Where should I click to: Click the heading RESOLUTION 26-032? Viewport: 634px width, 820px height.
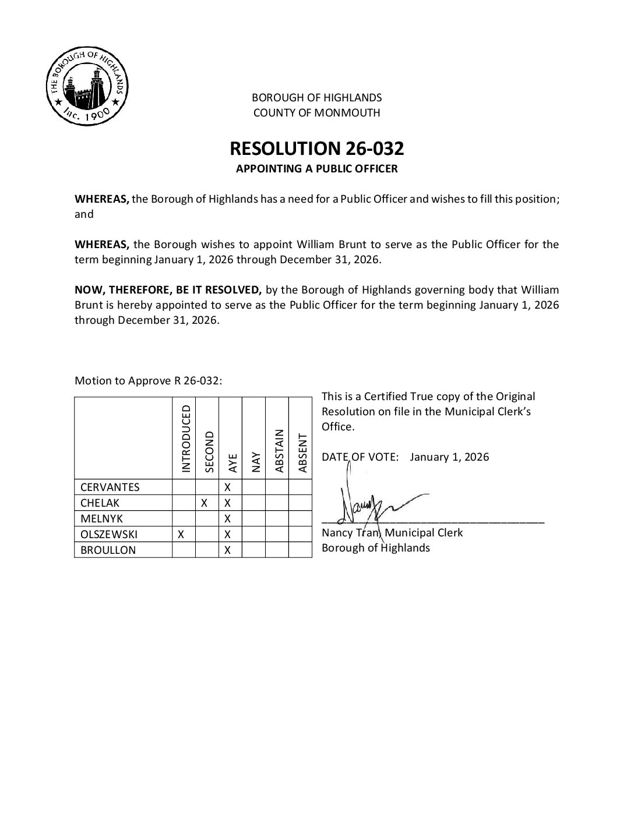[x=316, y=149]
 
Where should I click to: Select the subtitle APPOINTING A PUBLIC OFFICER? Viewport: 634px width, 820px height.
[x=316, y=169]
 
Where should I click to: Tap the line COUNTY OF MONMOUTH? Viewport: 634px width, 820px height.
[x=316, y=112]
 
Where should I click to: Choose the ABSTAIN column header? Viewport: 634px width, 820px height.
[x=279, y=451]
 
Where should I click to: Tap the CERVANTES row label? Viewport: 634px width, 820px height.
[x=110, y=487]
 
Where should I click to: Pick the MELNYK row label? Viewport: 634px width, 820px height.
[x=102, y=518]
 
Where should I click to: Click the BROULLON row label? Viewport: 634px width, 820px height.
[x=108, y=550]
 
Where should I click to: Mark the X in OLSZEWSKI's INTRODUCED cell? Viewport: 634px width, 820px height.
[x=181, y=534]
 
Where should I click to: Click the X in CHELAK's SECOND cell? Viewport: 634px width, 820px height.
[x=205, y=503]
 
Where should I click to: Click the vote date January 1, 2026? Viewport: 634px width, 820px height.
[x=449, y=457]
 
